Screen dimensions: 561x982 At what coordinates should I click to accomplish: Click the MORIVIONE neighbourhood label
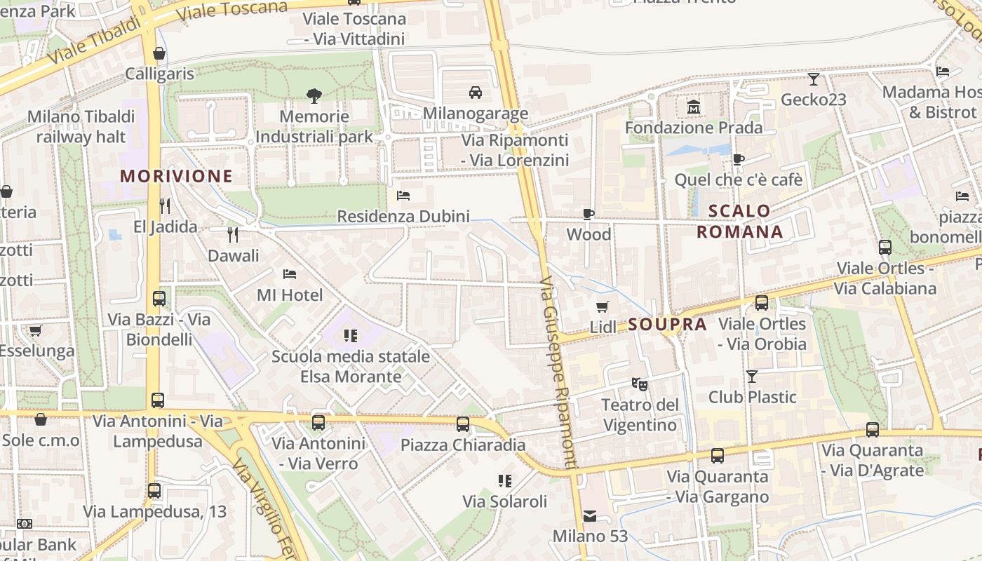(x=176, y=176)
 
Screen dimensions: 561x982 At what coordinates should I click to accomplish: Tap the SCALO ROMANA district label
(x=739, y=221)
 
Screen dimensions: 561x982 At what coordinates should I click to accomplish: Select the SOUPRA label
(x=667, y=324)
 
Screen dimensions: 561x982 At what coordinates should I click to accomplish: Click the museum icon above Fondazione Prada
(x=694, y=107)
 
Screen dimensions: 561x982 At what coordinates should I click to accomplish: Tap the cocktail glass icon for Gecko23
(x=814, y=79)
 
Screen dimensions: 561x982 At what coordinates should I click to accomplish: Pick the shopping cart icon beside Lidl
(x=602, y=306)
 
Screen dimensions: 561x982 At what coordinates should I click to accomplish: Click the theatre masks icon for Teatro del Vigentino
(x=639, y=384)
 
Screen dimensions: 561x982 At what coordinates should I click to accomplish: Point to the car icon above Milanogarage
(x=476, y=93)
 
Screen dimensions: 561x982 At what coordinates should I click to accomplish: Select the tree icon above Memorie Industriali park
(x=314, y=95)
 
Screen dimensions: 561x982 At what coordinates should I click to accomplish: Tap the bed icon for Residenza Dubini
(x=403, y=195)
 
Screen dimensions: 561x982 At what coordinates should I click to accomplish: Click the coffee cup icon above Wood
(x=588, y=214)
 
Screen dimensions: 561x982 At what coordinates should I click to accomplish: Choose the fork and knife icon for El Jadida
(x=165, y=205)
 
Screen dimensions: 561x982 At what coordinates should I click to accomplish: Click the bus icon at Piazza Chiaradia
(x=463, y=424)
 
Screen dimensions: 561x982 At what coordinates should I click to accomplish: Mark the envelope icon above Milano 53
(x=590, y=516)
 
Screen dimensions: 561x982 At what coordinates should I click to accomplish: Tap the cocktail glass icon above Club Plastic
(x=752, y=377)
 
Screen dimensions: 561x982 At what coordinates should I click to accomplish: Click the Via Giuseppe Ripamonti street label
(x=559, y=372)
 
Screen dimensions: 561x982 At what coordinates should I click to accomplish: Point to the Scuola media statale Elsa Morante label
(x=351, y=366)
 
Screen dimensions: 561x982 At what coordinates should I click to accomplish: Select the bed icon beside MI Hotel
(x=289, y=273)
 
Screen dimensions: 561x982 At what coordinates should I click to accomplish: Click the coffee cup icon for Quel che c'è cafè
(x=738, y=159)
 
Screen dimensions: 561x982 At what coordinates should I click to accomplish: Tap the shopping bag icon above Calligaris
(x=159, y=53)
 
